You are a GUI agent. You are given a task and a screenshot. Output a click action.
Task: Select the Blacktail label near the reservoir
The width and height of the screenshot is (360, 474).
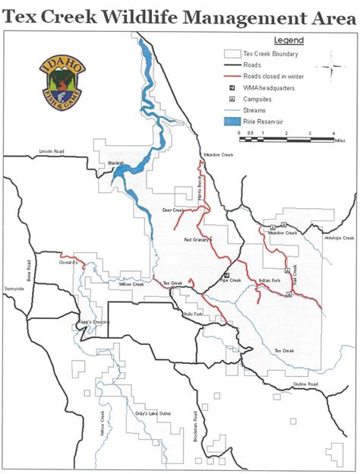115,164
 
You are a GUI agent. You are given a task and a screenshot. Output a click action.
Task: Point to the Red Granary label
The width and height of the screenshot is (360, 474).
197,239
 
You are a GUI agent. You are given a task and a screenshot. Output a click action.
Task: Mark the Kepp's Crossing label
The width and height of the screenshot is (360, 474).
94,322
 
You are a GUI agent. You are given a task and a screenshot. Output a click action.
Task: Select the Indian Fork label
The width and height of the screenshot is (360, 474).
270,281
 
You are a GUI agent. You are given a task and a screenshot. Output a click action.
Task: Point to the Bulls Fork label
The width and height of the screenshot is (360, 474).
193,314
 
